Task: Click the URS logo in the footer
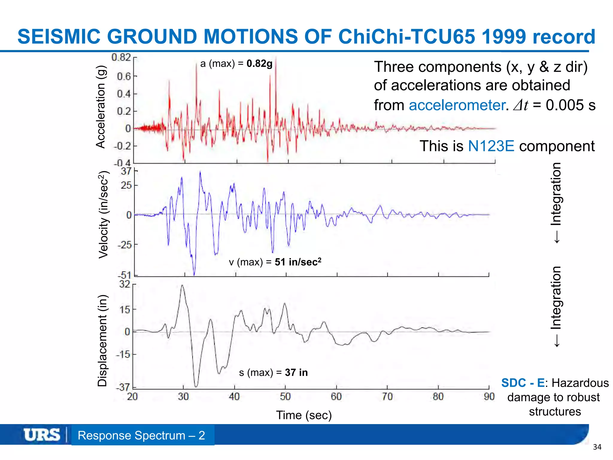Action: [42, 435]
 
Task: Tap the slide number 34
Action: [597, 447]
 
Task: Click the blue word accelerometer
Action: [457, 105]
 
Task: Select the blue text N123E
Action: [491, 146]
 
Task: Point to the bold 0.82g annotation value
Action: [260, 63]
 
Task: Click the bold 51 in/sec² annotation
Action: [298, 262]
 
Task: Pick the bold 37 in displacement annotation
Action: [296, 372]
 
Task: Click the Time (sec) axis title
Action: [304, 415]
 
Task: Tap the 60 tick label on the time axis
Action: [336, 397]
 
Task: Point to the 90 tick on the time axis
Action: [489, 397]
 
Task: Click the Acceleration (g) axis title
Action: [101, 107]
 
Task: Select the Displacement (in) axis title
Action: [102, 341]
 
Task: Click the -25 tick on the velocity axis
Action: [124, 245]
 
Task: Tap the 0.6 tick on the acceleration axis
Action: [124, 76]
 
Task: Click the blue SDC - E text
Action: [523, 383]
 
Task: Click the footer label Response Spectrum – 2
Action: [141, 435]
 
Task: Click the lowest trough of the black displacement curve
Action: [196, 386]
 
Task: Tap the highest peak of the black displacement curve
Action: [182, 285]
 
